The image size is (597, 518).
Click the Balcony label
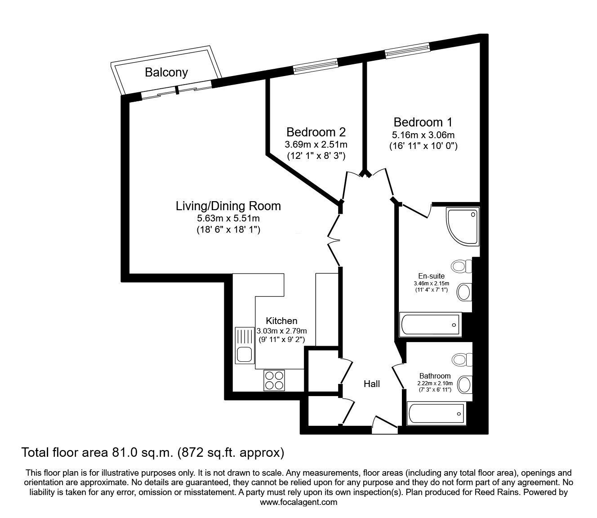click(x=166, y=72)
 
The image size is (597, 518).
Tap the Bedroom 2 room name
click(x=316, y=132)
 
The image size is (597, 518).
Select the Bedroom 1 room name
click(x=423, y=122)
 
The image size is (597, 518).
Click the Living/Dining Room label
click(x=228, y=206)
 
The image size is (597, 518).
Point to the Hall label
click(x=372, y=384)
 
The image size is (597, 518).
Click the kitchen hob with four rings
click(x=274, y=379)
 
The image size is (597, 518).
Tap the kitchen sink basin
click(x=244, y=355)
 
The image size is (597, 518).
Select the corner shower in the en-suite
click(x=461, y=226)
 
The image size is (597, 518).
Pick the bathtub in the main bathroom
click(x=435, y=412)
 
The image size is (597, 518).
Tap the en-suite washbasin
click(x=463, y=292)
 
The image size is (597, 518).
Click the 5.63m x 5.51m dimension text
click(x=228, y=219)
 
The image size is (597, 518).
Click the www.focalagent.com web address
click(x=298, y=502)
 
